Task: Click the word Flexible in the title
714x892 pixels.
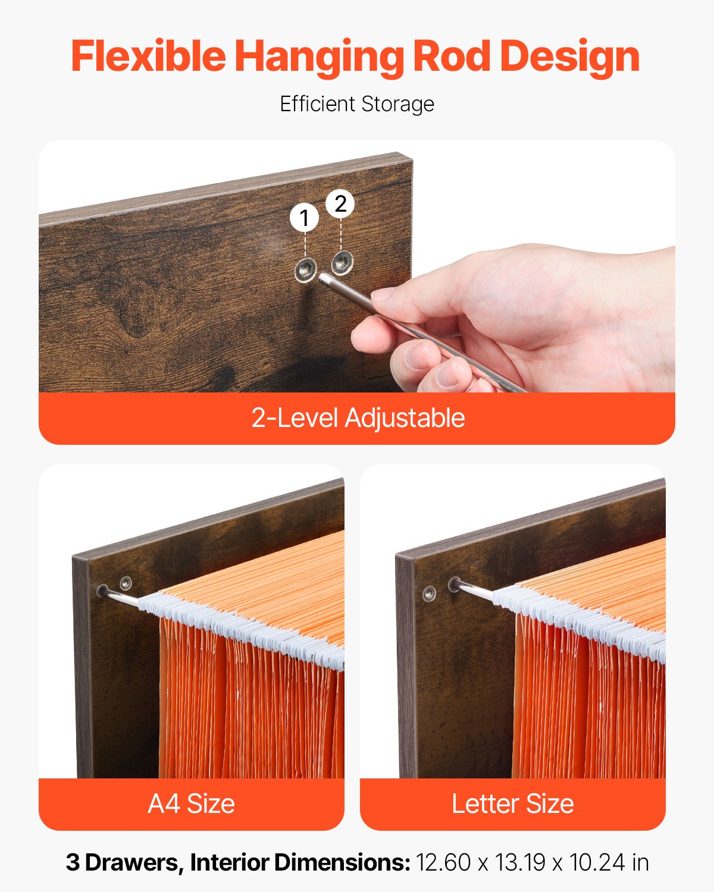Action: tap(148, 56)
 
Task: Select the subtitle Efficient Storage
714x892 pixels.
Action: tap(357, 104)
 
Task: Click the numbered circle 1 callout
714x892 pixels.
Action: tap(305, 218)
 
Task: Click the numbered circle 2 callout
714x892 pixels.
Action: tap(340, 204)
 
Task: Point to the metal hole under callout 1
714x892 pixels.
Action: tap(306, 270)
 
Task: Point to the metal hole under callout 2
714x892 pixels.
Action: tap(342, 261)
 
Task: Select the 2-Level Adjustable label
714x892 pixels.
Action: tap(357, 418)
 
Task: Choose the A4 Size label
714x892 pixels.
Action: tap(191, 804)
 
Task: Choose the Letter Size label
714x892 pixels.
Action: tap(512, 804)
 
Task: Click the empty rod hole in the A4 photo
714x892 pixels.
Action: tap(126, 582)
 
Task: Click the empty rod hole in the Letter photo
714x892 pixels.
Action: tap(428, 593)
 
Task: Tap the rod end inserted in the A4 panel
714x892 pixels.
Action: tap(103, 591)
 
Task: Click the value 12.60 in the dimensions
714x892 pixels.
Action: tap(443, 862)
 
